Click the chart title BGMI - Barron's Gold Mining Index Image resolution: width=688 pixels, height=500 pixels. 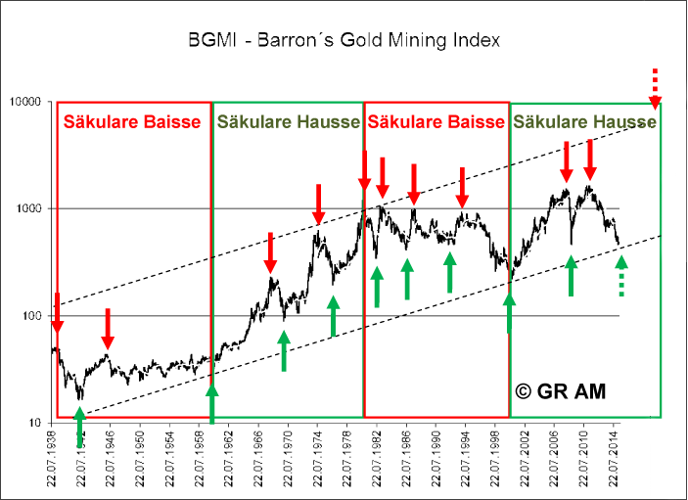point(344,41)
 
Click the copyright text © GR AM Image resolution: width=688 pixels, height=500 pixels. point(561,391)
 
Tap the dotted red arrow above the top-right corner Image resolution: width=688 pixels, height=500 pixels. point(656,89)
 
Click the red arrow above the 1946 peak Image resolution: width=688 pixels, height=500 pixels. point(109,329)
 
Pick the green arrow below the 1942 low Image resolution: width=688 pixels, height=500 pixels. point(79,425)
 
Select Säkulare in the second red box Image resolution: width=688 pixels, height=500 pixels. point(400,121)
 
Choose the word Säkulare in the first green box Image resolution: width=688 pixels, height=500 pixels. point(251,121)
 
